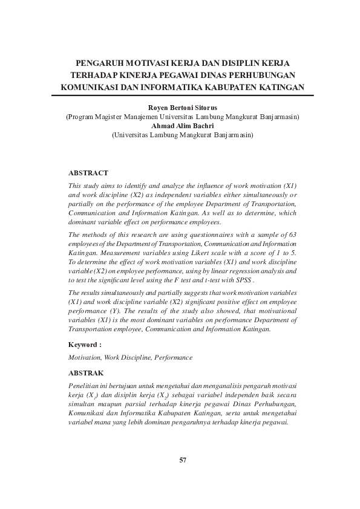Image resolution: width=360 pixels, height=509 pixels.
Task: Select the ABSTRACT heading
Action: [x=88, y=173]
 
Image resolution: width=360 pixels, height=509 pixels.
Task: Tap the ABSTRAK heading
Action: [x=87, y=374]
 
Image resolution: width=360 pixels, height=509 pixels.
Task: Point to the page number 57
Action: [x=183, y=460]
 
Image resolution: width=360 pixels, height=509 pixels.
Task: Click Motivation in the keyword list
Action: [x=85, y=358]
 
